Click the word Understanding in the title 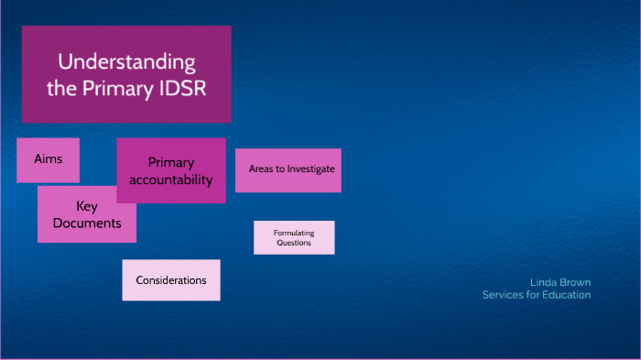coord(126,62)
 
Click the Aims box coord(48,159)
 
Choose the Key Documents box coord(87,214)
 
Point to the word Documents coord(87,223)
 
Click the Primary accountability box coord(171,170)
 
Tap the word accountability coord(171,180)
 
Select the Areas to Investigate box coord(288,169)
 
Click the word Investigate coord(311,169)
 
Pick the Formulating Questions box coord(294,237)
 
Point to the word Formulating coord(294,233)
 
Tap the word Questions coord(294,243)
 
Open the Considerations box coord(171,280)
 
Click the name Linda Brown coord(560,282)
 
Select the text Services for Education coord(537,295)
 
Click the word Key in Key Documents coord(87,206)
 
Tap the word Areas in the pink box coord(263,169)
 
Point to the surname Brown coord(573,282)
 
